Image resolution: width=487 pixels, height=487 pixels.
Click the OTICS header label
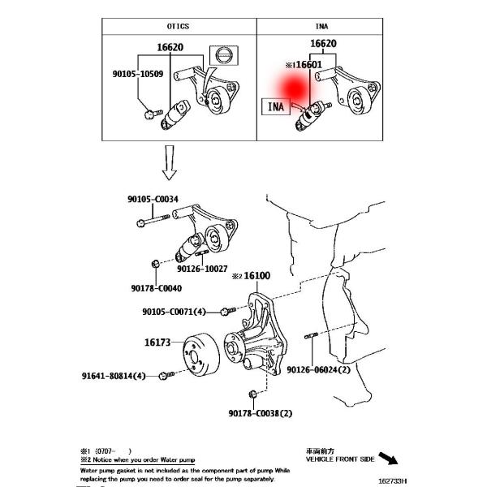(x=179, y=26)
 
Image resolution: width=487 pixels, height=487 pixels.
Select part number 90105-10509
(x=138, y=74)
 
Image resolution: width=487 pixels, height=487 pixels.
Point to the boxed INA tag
(x=276, y=106)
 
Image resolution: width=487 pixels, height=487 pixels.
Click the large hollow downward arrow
(x=169, y=162)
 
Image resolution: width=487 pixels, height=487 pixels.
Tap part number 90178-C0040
(x=157, y=287)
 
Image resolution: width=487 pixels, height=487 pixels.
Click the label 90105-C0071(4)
(x=175, y=311)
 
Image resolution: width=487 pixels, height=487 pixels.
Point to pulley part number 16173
(x=158, y=343)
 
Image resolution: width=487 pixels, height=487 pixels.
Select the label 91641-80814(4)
(x=114, y=376)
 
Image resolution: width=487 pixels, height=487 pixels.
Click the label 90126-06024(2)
(x=318, y=369)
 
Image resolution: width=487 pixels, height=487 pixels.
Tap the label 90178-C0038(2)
(x=260, y=413)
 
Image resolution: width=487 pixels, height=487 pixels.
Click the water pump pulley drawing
(x=199, y=354)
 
